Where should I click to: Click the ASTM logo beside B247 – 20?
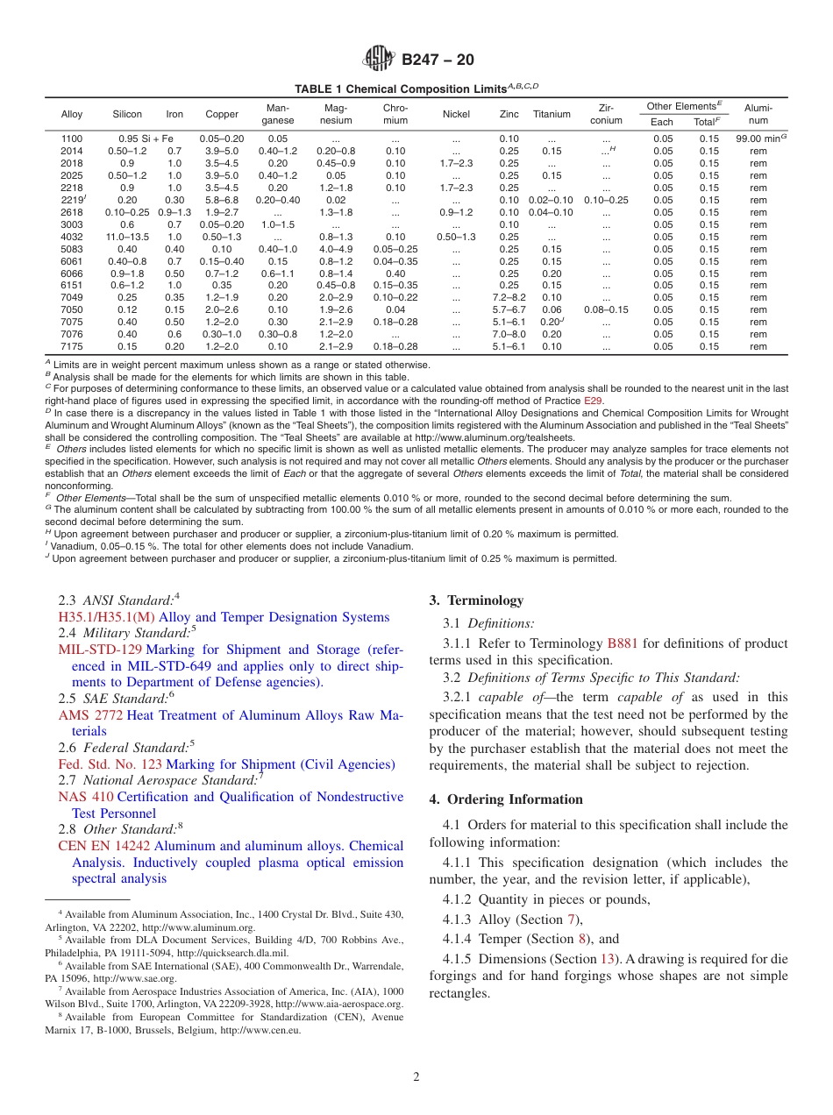(379, 60)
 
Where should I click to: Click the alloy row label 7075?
(72, 322)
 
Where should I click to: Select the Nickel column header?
(456, 114)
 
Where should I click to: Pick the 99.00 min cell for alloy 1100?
(758, 138)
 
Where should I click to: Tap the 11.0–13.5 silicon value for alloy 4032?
(127, 237)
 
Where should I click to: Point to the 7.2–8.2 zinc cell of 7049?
(509, 297)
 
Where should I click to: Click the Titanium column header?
(552, 114)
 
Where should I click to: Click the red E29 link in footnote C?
(593, 401)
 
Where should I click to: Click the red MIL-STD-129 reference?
(99, 650)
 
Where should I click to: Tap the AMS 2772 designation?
(89, 715)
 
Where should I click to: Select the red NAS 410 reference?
(85, 797)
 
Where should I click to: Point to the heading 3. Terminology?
(476, 600)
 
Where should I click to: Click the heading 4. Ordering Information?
(506, 799)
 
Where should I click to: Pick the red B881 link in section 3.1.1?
(623, 643)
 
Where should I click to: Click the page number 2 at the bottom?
(416, 1077)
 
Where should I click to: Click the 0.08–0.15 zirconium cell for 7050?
(606, 309)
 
